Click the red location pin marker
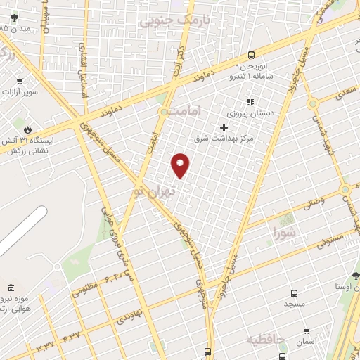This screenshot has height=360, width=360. pyautogui.click(x=181, y=165)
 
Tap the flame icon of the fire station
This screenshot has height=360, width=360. pyautogui.click(x=27, y=129)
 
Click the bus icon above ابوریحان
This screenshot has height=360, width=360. pyautogui.click(x=251, y=56)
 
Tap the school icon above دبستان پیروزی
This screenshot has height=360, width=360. pyautogui.click(x=250, y=103)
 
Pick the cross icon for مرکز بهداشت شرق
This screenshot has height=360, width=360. pyautogui.click(x=224, y=127)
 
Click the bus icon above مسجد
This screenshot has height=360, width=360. pyautogui.click(x=293, y=293)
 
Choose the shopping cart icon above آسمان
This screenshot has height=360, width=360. pyautogui.click(x=306, y=330)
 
